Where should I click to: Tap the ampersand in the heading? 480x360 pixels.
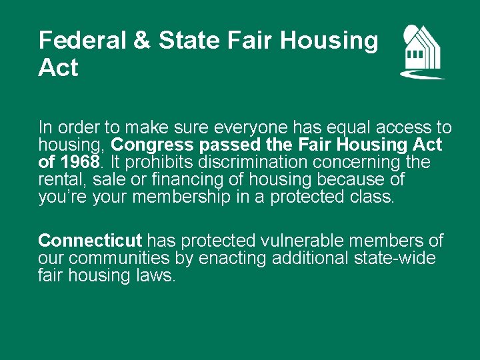click(142, 41)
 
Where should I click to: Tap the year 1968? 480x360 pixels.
click(79, 162)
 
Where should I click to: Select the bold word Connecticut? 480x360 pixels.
click(91, 241)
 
